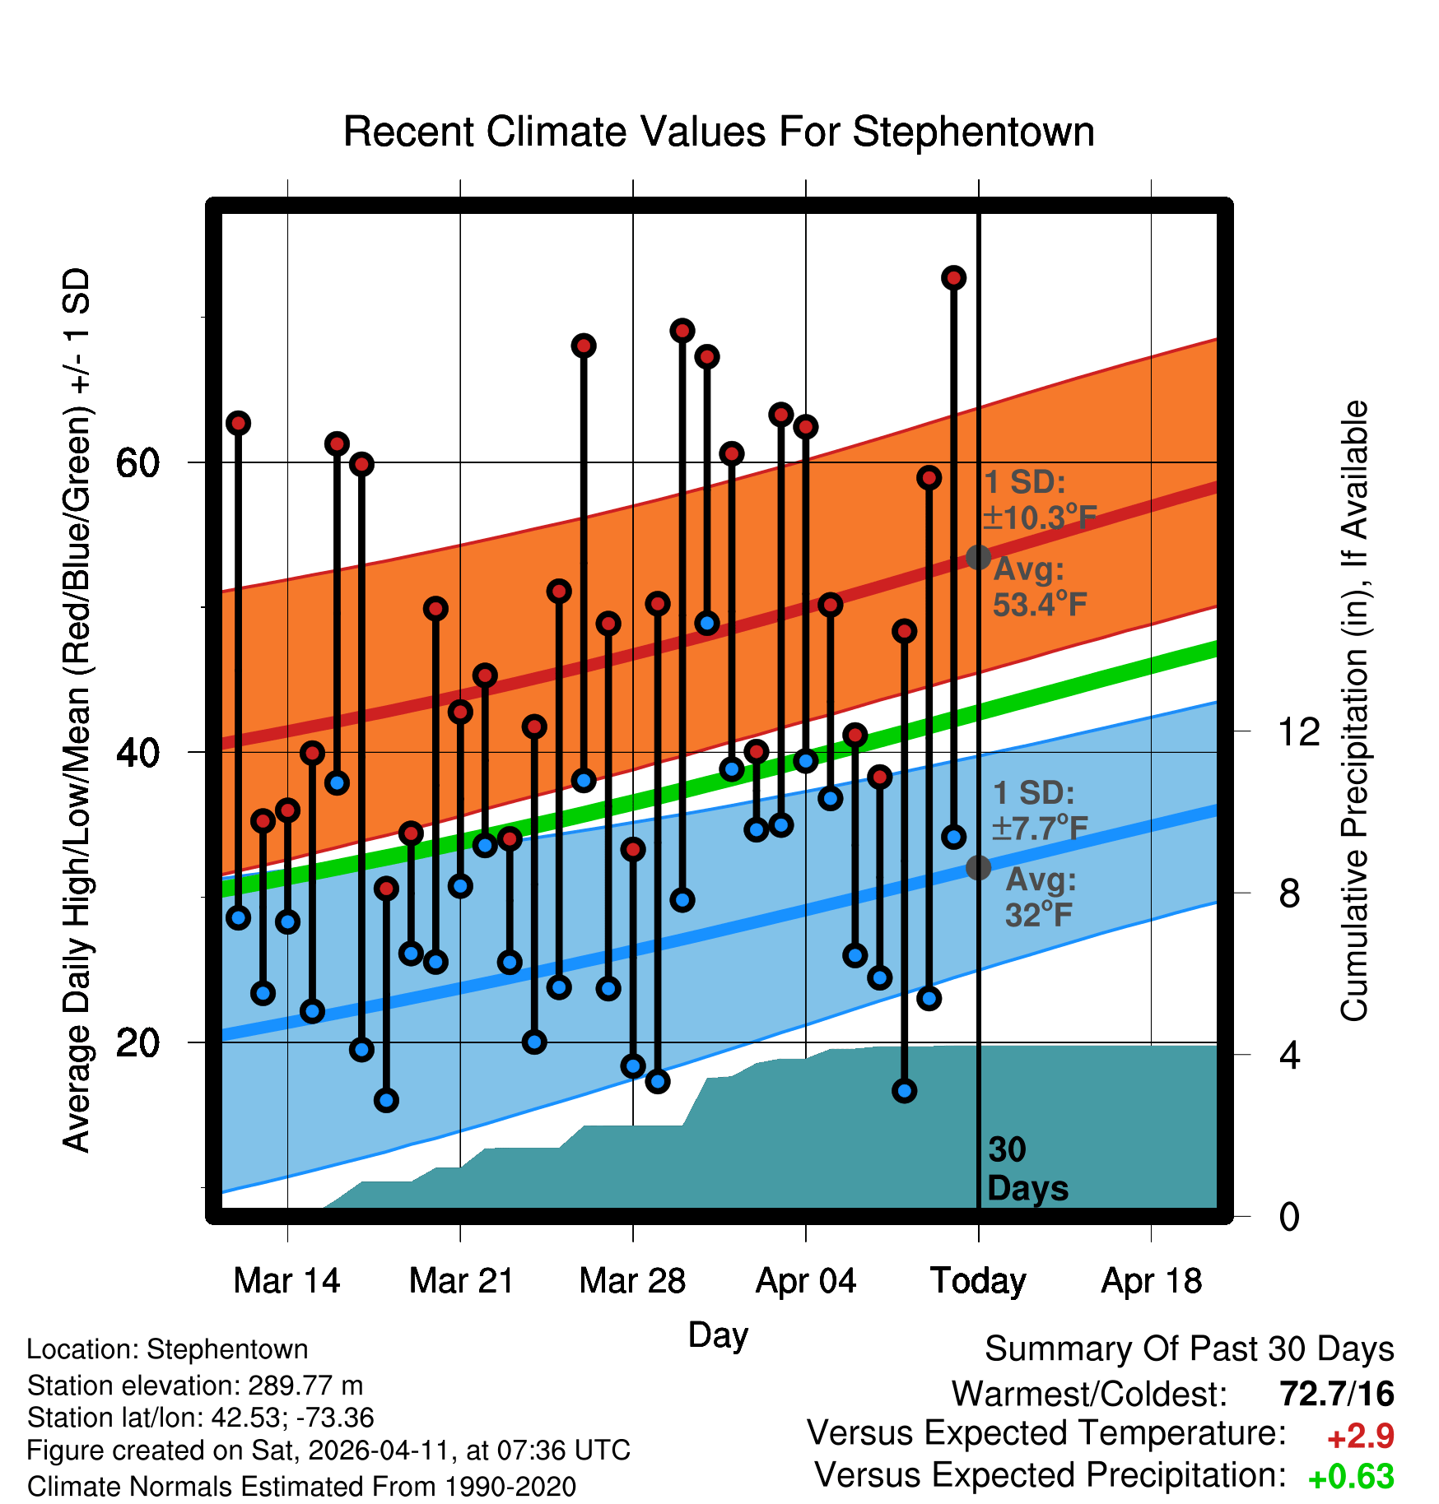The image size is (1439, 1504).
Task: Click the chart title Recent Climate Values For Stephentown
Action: tap(718, 132)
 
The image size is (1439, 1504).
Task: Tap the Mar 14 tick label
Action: tap(286, 1281)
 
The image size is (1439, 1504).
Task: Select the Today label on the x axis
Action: tap(978, 1281)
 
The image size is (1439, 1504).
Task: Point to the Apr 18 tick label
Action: tap(1151, 1281)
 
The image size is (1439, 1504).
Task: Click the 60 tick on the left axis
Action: tap(137, 463)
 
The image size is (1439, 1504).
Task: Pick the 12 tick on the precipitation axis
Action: tap(1298, 731)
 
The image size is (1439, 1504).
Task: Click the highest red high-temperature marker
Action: tap(953, 278)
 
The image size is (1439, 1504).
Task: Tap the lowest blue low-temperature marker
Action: tap(386, 1100)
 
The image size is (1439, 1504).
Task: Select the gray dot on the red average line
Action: tap(978, 557)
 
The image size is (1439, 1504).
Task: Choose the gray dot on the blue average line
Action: tap(978, 867)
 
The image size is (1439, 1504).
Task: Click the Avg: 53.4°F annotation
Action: tap(1039, 587)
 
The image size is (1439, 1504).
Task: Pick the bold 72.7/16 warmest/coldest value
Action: tap(1336, 1394)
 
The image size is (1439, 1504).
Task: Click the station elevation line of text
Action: tap(195, 1386)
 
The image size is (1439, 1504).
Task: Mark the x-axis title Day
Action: tap(718, 1335)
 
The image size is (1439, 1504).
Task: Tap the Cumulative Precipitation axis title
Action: tap(1353, 711)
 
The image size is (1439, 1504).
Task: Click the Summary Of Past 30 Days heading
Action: tap(1189, 1349)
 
